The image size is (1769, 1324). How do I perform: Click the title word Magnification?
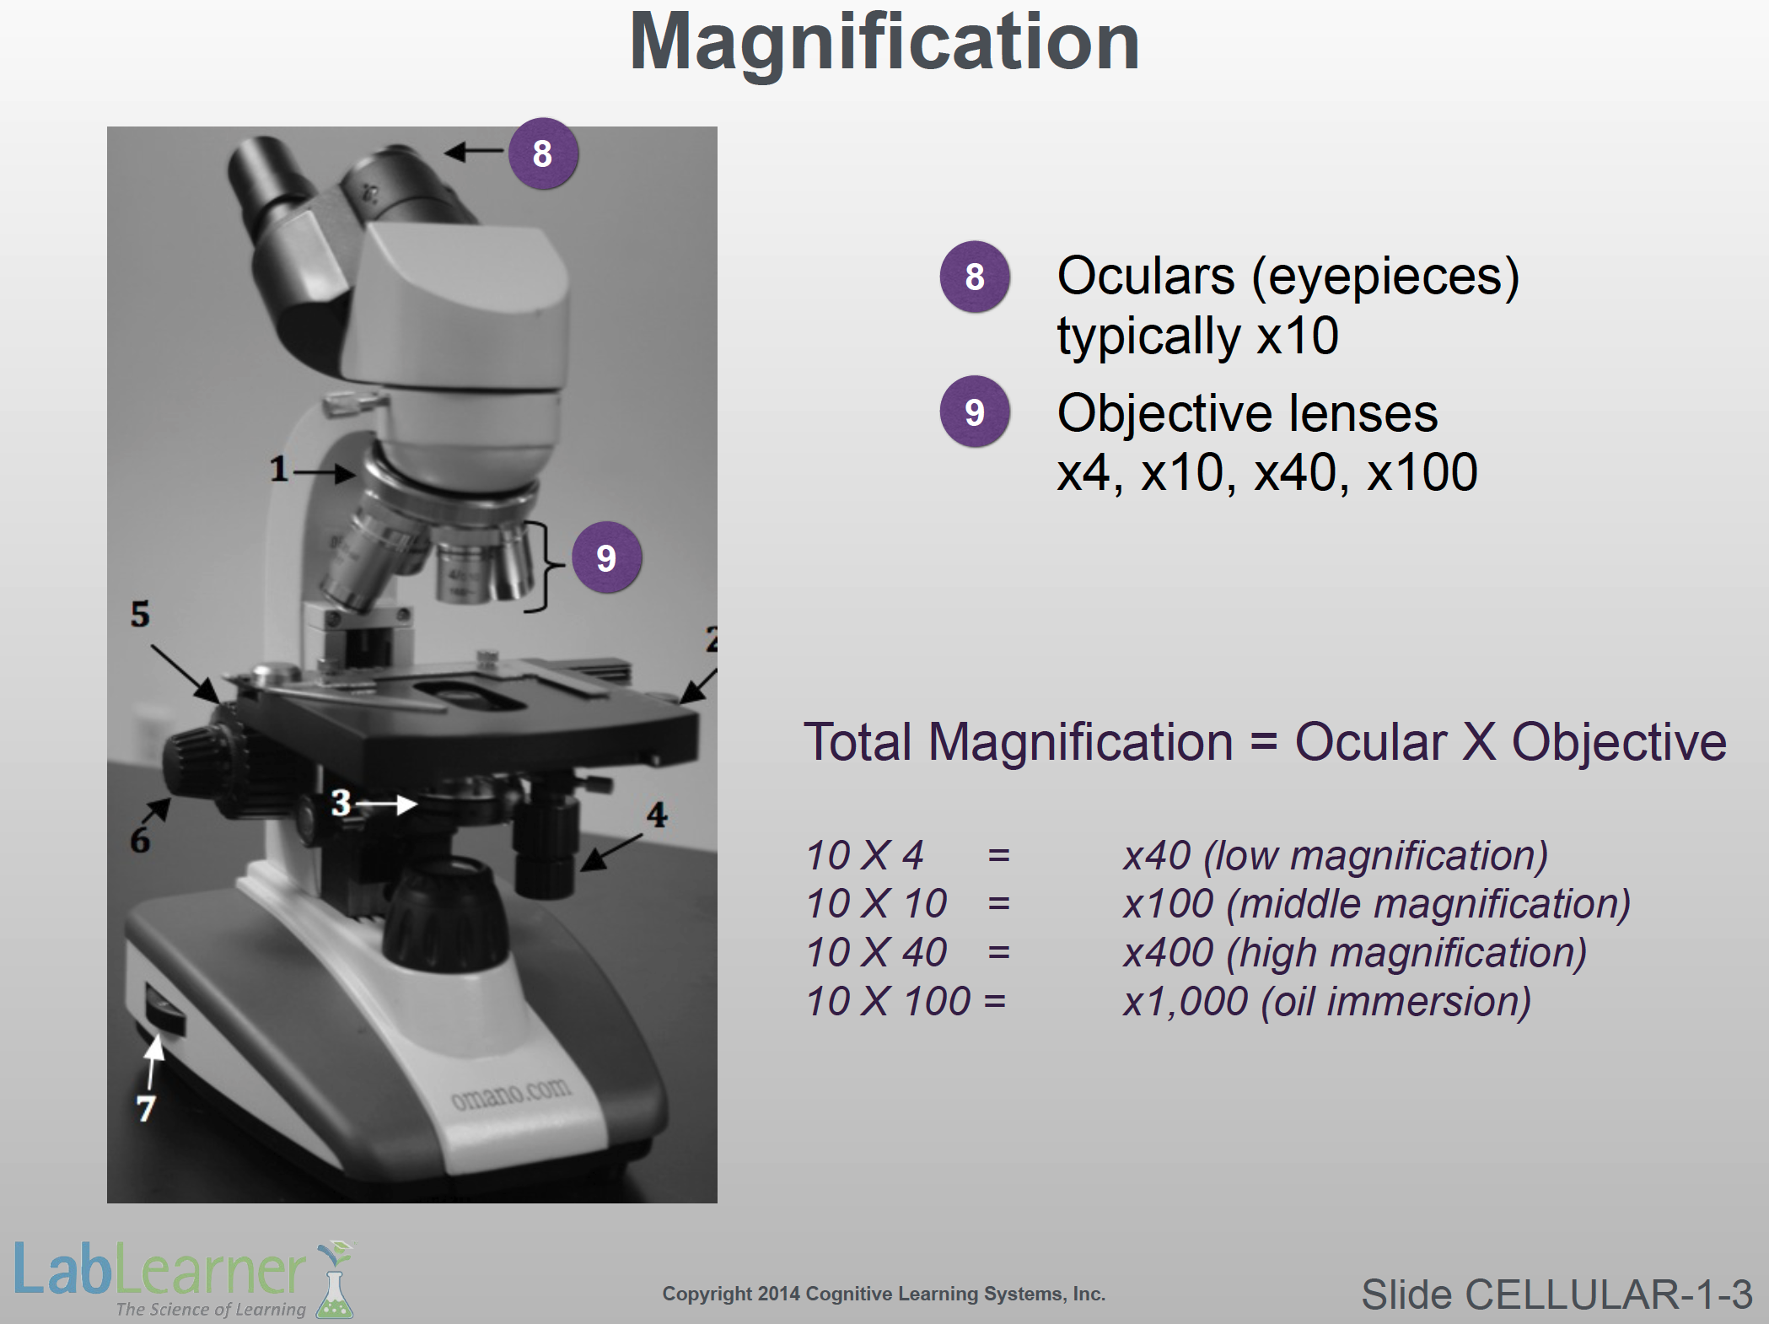884,42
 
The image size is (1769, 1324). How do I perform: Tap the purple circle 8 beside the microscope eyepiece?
543,153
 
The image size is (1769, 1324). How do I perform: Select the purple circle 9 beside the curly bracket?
606,557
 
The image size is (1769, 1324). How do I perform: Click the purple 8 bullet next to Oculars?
975,277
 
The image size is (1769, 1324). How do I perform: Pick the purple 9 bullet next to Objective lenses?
975,412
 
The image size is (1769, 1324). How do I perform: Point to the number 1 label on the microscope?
279,469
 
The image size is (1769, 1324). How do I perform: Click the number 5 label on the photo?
140,614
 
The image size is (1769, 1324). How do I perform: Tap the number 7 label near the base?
146,1108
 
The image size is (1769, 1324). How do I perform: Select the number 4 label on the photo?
657,815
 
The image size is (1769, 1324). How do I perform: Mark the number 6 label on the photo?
140,840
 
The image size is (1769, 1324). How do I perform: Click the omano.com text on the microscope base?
512,1094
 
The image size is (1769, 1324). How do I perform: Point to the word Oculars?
1146,276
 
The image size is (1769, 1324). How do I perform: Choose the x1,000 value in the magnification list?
1186,1002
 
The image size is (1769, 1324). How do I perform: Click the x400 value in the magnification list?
1168,953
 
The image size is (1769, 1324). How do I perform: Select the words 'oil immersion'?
1396,1002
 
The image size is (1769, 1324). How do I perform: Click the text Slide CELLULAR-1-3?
1557,1294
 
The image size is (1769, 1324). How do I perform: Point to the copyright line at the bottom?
884,1294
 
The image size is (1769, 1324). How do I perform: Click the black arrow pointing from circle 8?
474,152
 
